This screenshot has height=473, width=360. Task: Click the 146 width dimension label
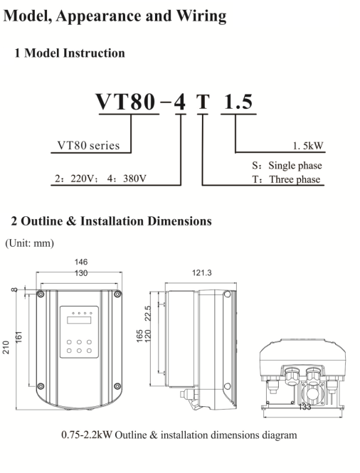coord(81,262)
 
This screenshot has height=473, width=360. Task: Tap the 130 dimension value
coord(81,273)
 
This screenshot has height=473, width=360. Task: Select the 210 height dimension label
coord(6,347)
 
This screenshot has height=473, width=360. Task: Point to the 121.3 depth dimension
coord(202,272)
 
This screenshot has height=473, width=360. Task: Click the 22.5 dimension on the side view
coord(147,314)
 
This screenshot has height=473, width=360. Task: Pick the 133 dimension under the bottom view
coord(305,407)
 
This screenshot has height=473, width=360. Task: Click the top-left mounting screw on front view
coord(41,294)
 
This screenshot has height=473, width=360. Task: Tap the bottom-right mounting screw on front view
coord(117,386)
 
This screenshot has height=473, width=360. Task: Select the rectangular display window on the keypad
coord(79,320)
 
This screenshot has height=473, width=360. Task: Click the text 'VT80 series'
coord(88,145)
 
